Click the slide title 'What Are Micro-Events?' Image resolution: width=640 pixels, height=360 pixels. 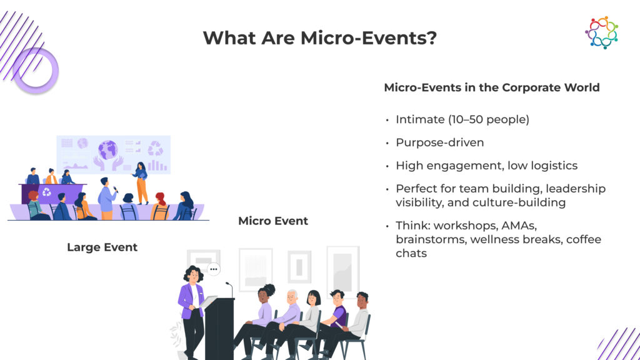point(319,38)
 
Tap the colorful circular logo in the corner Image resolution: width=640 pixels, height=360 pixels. point(601,32)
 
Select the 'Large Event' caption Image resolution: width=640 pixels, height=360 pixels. point(102,247)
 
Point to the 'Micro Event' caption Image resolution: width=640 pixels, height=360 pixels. point(273,221)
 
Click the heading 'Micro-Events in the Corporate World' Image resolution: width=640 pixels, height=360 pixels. point(492,87)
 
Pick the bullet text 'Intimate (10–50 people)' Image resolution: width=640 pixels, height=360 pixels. point(462,119)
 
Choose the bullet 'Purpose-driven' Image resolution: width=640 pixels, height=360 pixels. point(440,142)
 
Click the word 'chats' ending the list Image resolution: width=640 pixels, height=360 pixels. point(411,254)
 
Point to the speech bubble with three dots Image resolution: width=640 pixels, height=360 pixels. point(214,269)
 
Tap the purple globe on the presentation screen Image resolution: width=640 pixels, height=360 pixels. point(107,149)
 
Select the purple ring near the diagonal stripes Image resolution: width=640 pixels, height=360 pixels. point(36,70)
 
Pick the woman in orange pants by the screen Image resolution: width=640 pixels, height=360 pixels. point(141,183)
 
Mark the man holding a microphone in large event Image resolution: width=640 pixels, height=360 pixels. point(107,199)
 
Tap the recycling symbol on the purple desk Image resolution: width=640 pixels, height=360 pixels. point(47,191)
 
